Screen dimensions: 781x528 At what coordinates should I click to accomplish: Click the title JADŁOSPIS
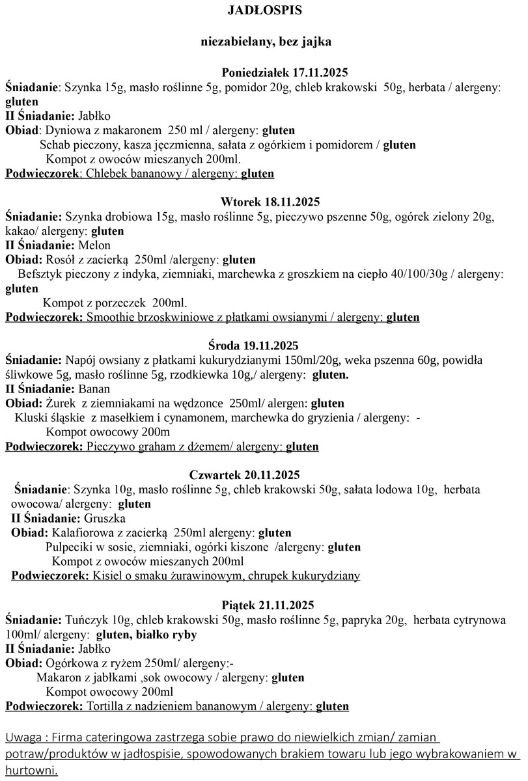click(x=265, y=11)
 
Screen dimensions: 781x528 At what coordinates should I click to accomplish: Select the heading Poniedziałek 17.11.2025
click(x=277, y=72)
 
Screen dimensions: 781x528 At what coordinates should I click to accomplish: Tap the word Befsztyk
click(x=42, y=275)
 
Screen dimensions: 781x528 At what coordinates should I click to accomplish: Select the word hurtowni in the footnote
click(x=30, y=771)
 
